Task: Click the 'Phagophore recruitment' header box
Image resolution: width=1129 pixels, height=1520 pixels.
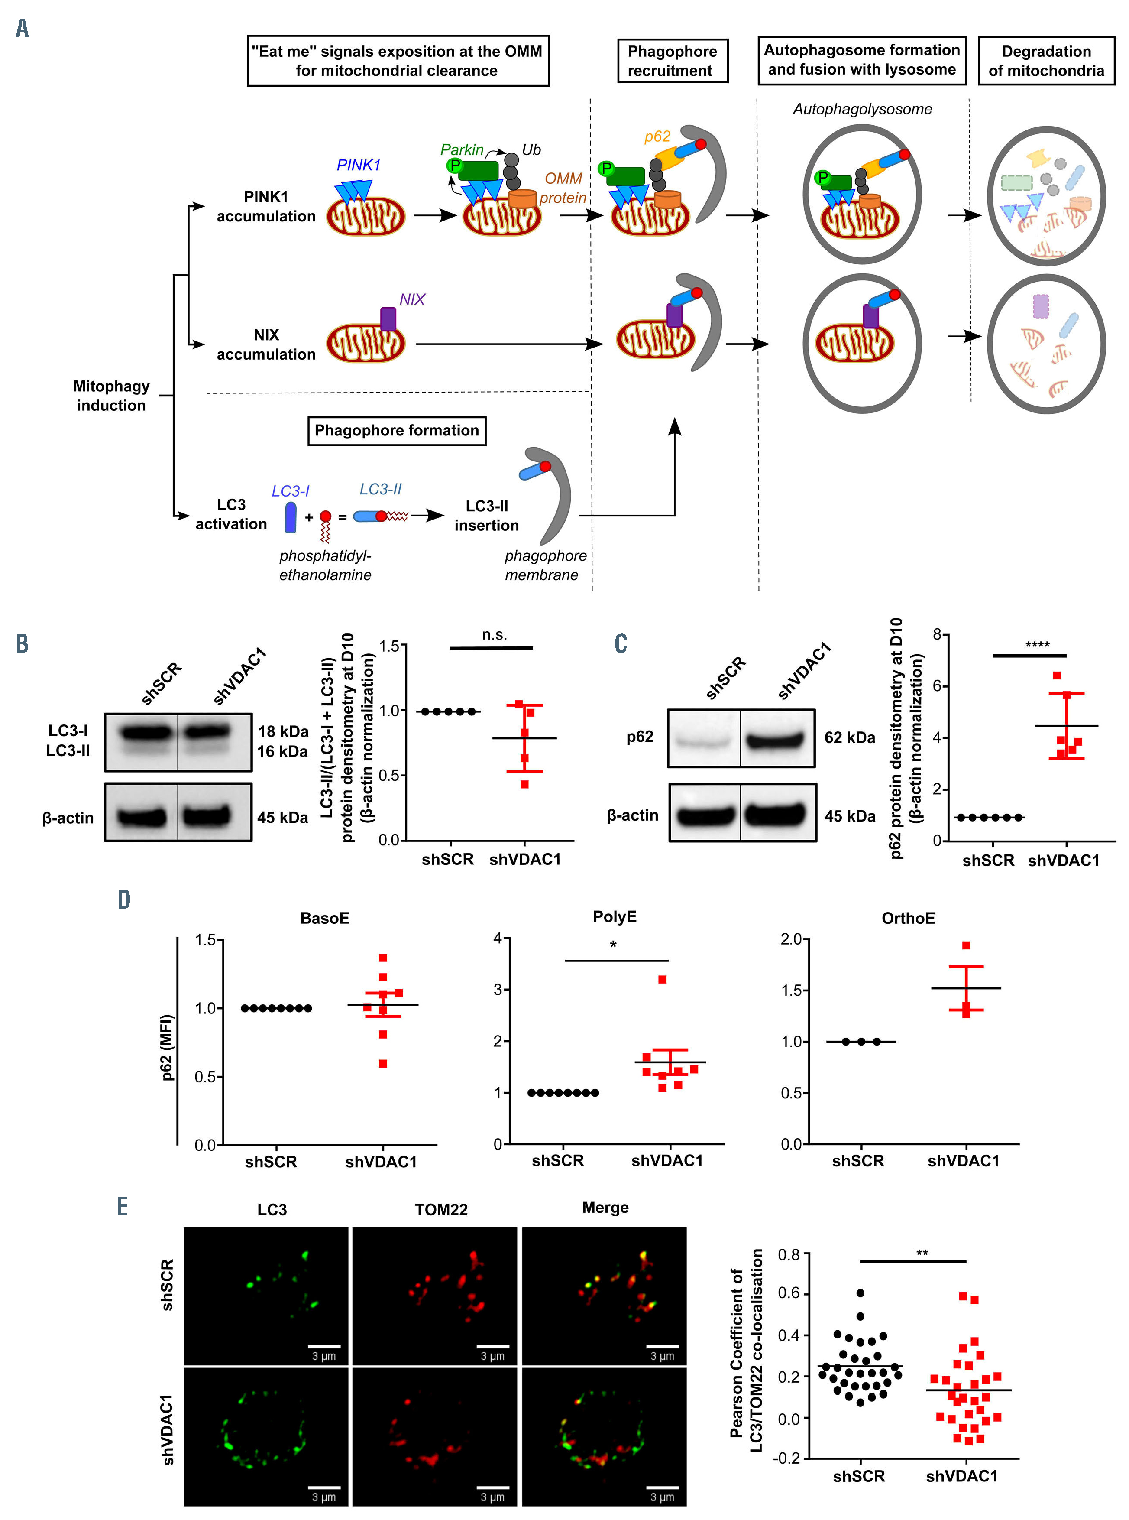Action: coord(672,61)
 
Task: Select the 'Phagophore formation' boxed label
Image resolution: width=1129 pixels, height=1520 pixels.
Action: coord(396,431)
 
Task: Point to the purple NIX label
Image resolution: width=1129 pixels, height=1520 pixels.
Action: coord(412,299)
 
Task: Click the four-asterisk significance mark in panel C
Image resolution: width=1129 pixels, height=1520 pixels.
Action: coord(1037,645)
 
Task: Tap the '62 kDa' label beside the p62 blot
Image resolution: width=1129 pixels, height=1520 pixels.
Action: coord(850,738)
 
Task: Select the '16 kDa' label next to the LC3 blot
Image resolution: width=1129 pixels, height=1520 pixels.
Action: coord(282,751)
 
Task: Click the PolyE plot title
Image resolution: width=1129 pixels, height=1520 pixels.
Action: coord(615,916)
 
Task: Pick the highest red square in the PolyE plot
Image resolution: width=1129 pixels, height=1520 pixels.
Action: coord(662,979)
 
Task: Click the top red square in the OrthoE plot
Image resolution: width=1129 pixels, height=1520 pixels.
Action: coord(966,945)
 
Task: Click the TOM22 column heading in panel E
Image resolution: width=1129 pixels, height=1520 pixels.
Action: coord(441,1210)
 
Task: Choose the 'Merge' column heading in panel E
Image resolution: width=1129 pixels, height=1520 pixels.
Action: coord(605,1208)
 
